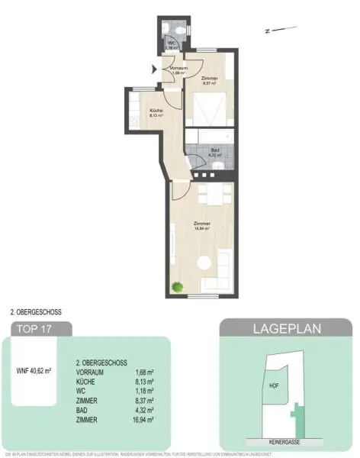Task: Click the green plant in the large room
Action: pos(177,287)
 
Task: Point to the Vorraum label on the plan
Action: pos(178,69)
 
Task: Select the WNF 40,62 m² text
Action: pos(34,371)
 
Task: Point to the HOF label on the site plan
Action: pos(275,385)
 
